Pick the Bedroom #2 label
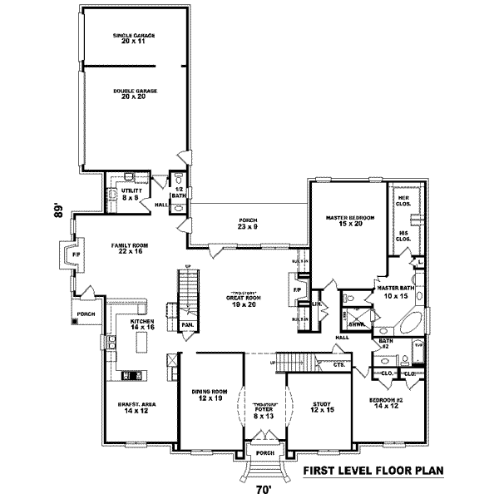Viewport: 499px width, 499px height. point(386,403)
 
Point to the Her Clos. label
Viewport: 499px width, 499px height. point(403,200)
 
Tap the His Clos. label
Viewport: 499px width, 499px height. point(404,236)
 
